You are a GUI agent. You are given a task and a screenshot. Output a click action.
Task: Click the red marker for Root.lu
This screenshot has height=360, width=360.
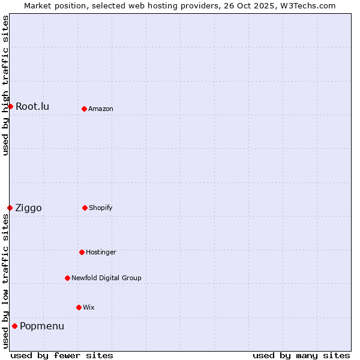(10, 106)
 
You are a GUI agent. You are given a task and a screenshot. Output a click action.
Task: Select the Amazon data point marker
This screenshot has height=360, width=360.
(84, 109)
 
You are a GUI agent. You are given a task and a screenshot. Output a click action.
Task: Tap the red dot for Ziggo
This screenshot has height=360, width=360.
(10, 208)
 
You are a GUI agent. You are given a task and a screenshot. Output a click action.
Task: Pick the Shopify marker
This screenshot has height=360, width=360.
(85, 208)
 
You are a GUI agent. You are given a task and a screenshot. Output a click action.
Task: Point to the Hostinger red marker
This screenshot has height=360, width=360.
(82, 252)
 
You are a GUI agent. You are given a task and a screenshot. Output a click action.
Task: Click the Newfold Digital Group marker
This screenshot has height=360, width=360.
(67, 278)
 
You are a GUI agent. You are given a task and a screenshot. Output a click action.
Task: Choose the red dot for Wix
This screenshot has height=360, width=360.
(79, 307)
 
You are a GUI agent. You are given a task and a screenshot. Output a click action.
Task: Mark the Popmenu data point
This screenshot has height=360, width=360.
(14, 326)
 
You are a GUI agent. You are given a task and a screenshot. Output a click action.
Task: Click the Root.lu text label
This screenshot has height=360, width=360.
(32, 106)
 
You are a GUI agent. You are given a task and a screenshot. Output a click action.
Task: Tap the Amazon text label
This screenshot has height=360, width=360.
(101, 109)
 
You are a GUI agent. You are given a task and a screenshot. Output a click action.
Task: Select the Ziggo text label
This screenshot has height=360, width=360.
(28, 208)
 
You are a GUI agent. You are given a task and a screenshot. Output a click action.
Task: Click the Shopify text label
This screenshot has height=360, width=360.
(101, 208)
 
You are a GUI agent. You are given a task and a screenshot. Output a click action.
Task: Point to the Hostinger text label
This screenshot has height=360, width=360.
(101, 252)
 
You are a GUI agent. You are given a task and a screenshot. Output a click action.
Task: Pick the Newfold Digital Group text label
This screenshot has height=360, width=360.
(106, 278)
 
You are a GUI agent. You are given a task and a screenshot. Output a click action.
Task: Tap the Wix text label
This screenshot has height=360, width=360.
(89, 307)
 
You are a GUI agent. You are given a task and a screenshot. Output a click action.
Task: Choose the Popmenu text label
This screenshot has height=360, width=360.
(42, 326)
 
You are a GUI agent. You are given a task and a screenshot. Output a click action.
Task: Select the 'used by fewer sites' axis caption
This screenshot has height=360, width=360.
(62, 355)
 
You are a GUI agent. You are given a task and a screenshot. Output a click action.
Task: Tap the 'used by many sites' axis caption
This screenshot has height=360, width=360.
(301, 355)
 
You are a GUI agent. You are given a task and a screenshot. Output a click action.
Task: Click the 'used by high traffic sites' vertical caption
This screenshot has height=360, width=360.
(5, 85)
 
